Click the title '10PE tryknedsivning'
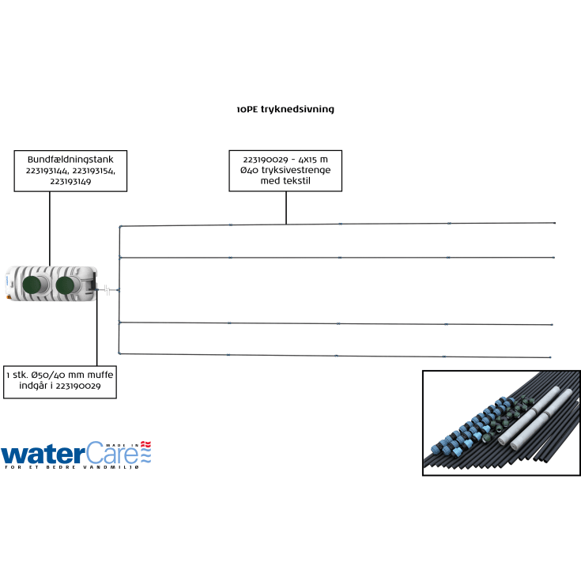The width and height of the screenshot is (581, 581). (285, 109)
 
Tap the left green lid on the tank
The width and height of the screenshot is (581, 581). (32, 285)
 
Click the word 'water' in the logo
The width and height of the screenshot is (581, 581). (39, 455)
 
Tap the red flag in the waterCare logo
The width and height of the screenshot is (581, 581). (145, 444)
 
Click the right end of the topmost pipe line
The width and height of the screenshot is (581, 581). (555, 223)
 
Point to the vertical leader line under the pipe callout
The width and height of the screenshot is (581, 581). (286, 207)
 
